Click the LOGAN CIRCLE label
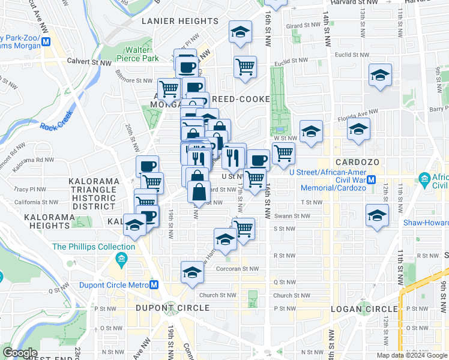[364, 308]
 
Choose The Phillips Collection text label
[94, 247]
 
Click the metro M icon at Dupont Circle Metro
[154, 285]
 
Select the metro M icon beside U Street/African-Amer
[372, 179]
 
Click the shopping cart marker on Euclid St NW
[245, 67]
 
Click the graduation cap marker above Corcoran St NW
[191, 271]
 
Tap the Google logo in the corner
[20, 353]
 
